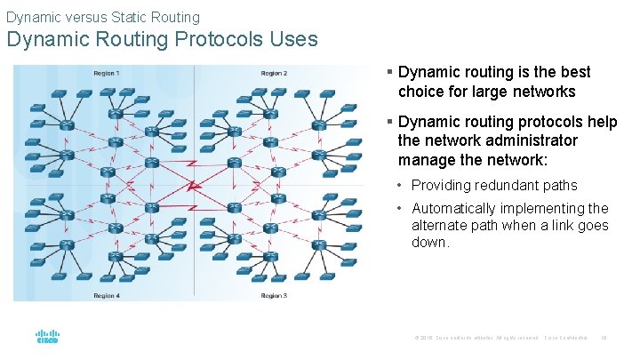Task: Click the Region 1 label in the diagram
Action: click(107, 73)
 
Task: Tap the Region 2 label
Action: click(274, 73)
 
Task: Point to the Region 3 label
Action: click(274, 295)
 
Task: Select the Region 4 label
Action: click(107, 295)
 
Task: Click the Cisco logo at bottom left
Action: click(47, 338)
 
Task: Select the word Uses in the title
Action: click(293, 40)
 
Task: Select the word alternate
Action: click(441, 225)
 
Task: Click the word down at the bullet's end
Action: click(430, 242)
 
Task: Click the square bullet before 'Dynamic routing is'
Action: click(389, 72)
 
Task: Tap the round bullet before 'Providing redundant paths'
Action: click(402, 186)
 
